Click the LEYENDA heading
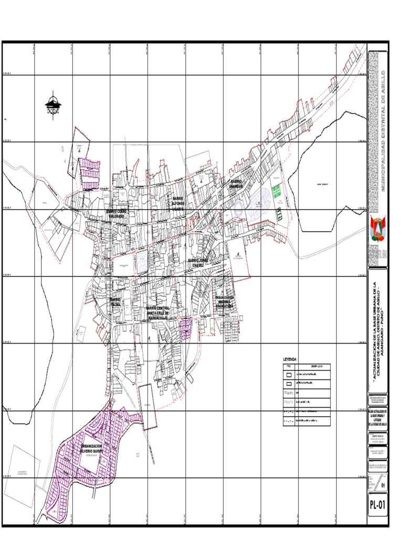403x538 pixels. (289, 359)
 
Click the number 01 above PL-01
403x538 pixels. (383, 485)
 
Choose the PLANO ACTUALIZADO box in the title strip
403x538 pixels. (378, 418)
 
